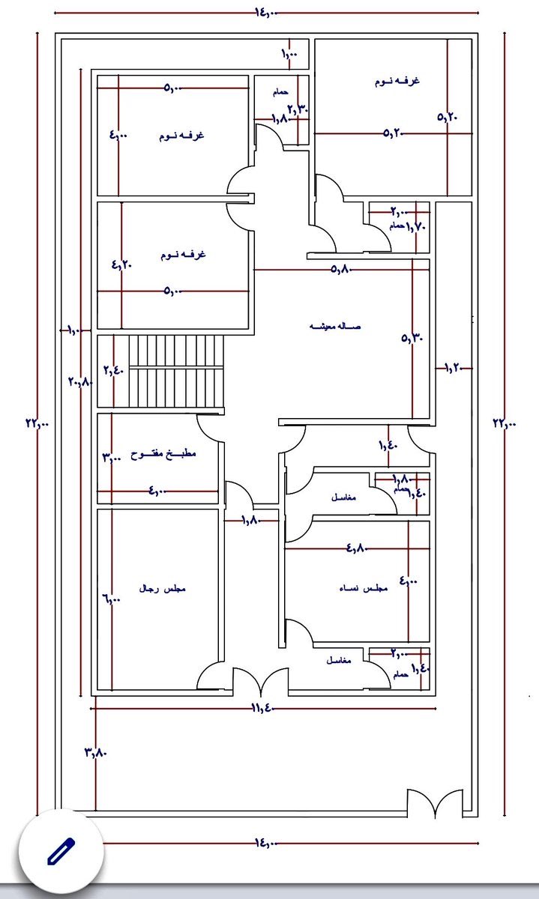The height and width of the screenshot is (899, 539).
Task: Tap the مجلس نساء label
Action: coord(363,589)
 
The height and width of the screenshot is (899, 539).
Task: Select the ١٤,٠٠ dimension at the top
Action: coord(266,13)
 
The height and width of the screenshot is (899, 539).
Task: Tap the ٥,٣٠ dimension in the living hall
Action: coord(412,338)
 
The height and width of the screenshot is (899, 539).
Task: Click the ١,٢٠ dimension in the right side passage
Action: coord(456,368)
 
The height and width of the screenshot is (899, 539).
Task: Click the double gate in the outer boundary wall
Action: coord(435,803)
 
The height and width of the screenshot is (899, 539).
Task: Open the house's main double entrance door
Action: coord(260,682)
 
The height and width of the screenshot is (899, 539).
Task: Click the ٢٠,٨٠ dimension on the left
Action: coord(79,381)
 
